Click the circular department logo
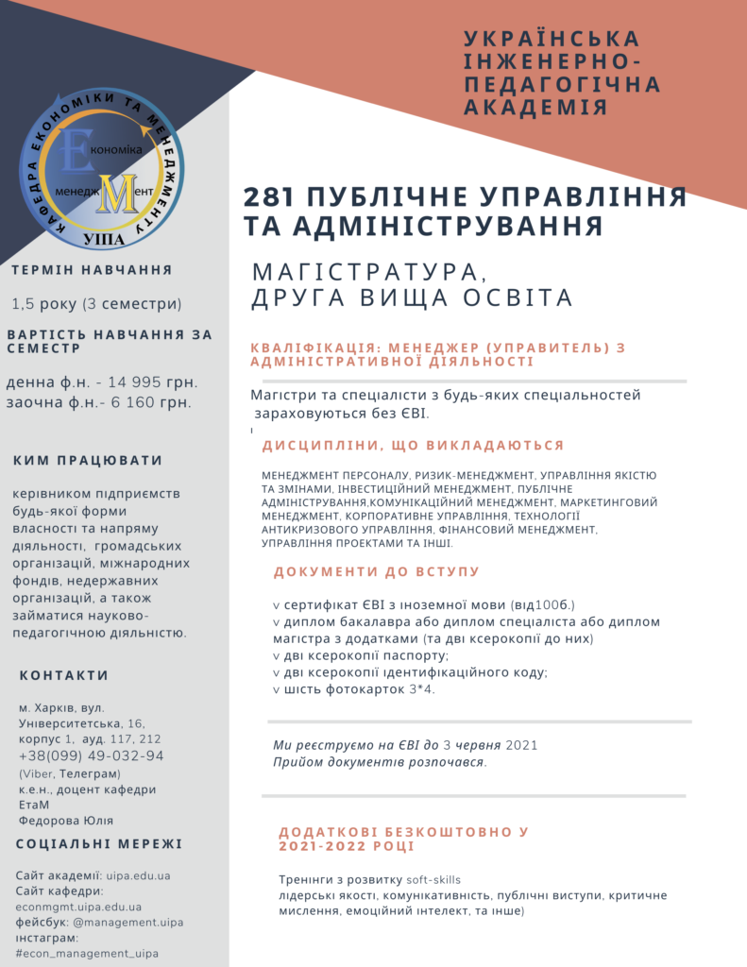pyautogui.click(x=103, y=168)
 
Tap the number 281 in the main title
pyautogui.click(x=269, y=198)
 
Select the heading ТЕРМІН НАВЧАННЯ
pyautogui.click(x=92, y=270)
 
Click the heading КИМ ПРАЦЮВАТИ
pyautogui.click(x=88, y=461)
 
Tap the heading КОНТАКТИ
pyautogui.click(x=64, y=675)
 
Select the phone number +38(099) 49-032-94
pyautogui.click(x=91, y=755)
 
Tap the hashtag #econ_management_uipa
pyautogui.click(x=88, y=954)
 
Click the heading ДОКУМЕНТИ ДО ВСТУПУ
pyautogui.click(x=377, y=571)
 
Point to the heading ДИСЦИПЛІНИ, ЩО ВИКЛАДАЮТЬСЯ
pyautogui.click(x=413, y=446)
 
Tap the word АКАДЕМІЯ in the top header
pyautogui.click(x=535, y=107)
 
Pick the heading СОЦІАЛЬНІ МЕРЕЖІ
pyautogui.click(x=99, y=844)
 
